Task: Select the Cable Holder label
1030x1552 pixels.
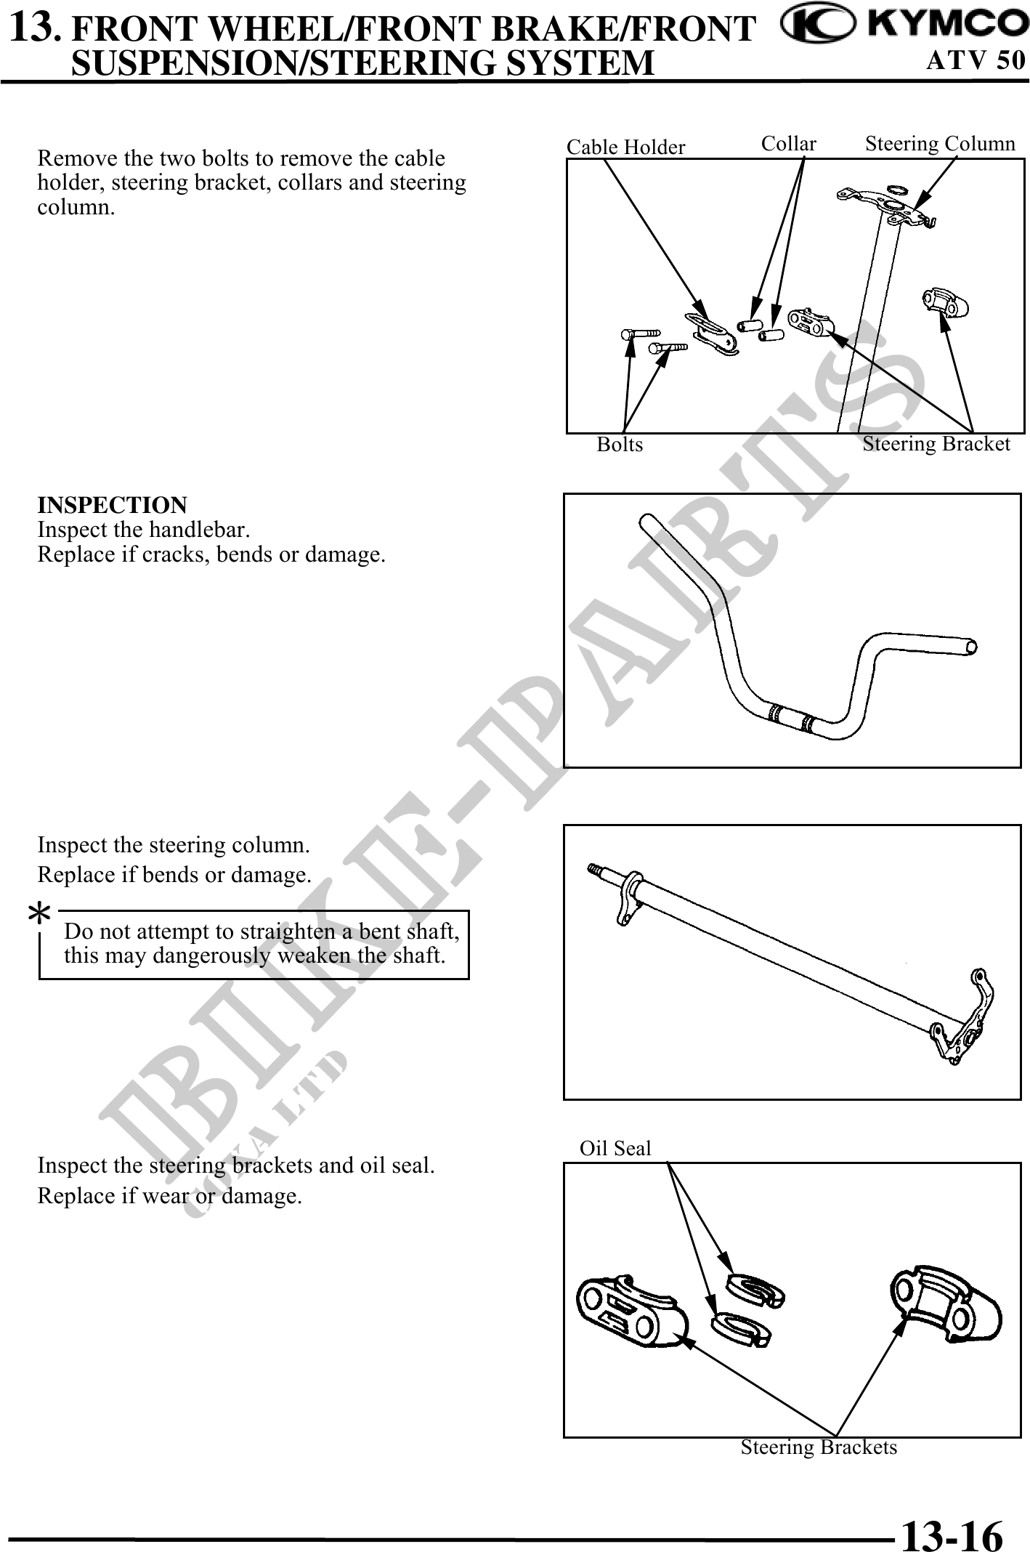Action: [625, 147]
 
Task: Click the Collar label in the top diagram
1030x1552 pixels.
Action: [788, 144]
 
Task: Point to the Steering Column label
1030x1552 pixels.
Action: [940, 144]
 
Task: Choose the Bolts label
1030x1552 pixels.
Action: [620, 444]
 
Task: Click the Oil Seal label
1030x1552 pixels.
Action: [615, 1148]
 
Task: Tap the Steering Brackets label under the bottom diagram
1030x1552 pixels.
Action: [819, 1447]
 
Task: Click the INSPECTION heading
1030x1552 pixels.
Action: [112, 505]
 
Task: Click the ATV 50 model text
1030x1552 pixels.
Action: [976, 60]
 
